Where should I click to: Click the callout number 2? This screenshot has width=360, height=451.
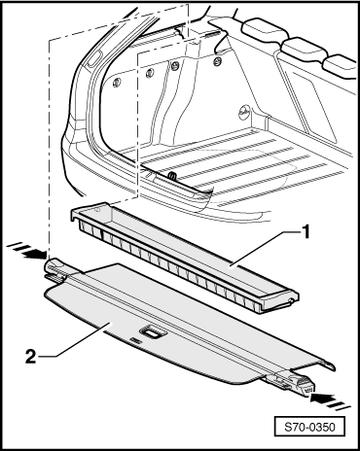(x=30, y=357)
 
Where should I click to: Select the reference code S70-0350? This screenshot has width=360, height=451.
(x=309, y=427)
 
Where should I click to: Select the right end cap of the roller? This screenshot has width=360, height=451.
(x=304, y=384)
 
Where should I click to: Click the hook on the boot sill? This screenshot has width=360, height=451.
(x=172, y=176)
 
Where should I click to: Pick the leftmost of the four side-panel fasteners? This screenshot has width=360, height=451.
(x=117, y=83)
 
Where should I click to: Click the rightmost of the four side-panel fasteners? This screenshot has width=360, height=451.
(x=218, y=60)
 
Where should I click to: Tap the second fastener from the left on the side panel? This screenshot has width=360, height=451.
(x=150, y=73)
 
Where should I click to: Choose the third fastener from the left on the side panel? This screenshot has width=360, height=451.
(x=175, y=65)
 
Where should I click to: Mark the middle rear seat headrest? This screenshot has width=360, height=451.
(x=304, y=48)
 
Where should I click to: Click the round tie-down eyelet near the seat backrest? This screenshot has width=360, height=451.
(x=243, y=111)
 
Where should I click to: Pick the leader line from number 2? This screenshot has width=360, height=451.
(x=76, y=339)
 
